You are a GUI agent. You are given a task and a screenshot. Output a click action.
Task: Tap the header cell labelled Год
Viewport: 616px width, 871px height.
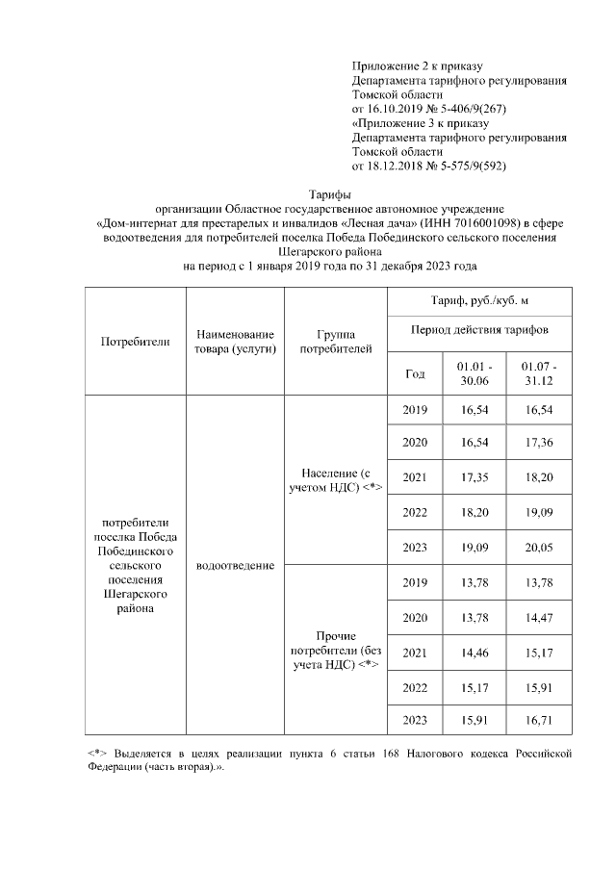pyautogui.click(x=415, y=374)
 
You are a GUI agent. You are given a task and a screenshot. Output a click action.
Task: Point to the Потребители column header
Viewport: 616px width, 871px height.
pyautogui.click(x=134, y=341)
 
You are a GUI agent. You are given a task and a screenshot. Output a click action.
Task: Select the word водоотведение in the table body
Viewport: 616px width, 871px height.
pyautogui.click(x=235, y=565)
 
